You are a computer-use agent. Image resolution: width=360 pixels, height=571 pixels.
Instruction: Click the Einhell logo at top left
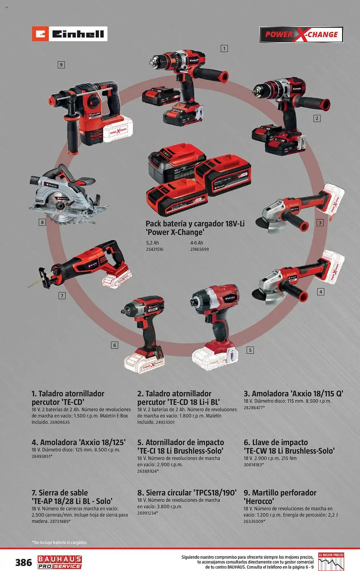click(x=69, y=34)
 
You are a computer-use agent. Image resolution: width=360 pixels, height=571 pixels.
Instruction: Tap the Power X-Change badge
click(x=301, y=35)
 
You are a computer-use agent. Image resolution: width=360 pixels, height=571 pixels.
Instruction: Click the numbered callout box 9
click(x=61, y=65)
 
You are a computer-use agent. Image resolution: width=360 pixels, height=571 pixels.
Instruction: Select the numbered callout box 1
click(x=224, y=49)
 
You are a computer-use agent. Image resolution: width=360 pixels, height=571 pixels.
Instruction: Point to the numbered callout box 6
click(x=115, y=345)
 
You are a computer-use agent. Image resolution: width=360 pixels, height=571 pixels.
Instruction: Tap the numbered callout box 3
click(x=320, y=223)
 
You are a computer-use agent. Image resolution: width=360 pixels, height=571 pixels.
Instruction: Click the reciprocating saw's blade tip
click(x=29, y=287)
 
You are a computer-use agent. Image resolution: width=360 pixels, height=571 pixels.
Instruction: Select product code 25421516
click(x=155, y=249)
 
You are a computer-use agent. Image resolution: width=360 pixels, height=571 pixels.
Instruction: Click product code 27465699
click(x=199, y=249)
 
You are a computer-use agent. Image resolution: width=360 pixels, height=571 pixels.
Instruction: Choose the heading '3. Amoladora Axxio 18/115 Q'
click(x=293, y=394)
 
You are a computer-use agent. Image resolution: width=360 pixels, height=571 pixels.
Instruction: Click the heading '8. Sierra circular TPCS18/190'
click(x=187, y=493)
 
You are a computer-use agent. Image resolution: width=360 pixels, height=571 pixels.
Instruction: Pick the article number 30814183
click(x=253, y=465)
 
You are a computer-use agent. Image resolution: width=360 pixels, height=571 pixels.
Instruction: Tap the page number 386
click(x=24, y=562)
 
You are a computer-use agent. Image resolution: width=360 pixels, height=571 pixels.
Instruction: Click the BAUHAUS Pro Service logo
click(x=60, y=562)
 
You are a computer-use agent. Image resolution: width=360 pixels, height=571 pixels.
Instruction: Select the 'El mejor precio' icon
click(x=331, y=561)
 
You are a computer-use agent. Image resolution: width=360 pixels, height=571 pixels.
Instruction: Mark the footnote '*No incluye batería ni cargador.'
click(x=59, y=542)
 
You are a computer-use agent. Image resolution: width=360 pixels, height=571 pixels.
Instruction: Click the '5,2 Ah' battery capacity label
click(x=152, y=243)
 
